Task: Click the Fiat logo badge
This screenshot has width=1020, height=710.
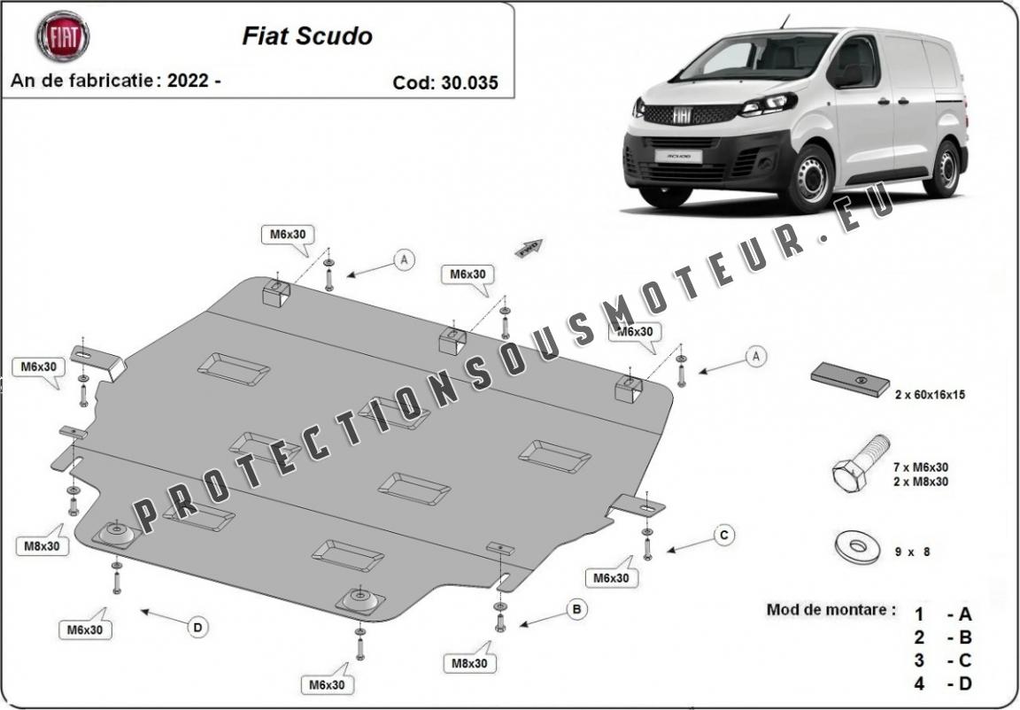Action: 62,36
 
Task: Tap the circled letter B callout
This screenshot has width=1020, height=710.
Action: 576,609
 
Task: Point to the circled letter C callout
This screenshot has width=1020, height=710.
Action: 723,535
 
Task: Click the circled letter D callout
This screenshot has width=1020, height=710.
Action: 197,627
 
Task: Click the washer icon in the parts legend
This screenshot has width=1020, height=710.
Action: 856,547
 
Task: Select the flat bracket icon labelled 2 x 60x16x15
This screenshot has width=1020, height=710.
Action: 850,380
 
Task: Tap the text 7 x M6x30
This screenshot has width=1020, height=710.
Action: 921,467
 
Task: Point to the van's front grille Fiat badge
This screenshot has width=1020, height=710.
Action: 682,115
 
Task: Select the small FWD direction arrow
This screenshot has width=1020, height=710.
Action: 529,247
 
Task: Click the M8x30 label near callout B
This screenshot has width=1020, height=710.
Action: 470,662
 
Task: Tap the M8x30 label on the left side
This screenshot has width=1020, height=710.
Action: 42,546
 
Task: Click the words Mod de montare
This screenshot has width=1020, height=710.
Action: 830,610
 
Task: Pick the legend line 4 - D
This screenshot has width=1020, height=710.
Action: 943,683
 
